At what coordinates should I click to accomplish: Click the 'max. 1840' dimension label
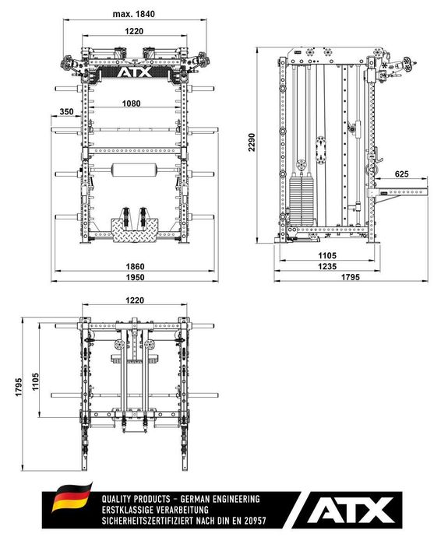point(134,14)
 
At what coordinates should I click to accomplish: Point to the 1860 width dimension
point(134,266)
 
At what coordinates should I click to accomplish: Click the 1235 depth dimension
point(326,267)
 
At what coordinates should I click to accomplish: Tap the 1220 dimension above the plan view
point(134,300)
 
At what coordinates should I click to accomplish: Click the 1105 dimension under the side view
point(326,254)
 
